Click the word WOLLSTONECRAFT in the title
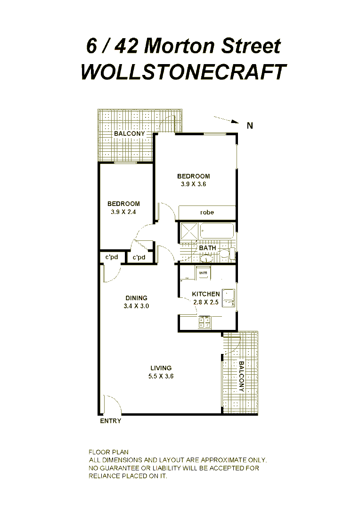point(183,72)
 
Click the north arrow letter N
point(250,125)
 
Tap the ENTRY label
point(111,421)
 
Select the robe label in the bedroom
point(207,213)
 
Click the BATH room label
point(207,248)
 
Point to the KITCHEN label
point(206,294)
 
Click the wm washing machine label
point(203,273)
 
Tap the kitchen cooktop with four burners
point(205,322)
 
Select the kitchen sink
point(229,298)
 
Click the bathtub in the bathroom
point(217,232)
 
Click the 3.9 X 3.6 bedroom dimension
point(193,184)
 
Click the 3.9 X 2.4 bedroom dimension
point(123,212)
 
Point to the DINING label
point(137,298)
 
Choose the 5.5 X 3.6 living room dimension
point(161,376)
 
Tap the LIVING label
point(161,368)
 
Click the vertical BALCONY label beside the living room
point(241,377)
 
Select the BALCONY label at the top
point(130,134)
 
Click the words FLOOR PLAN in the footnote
point(108,452)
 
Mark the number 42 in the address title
point(125,47)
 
